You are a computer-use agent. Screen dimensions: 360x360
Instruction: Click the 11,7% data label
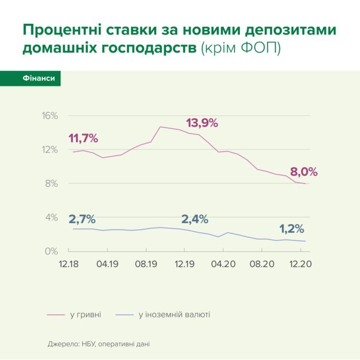[x=83, y=139]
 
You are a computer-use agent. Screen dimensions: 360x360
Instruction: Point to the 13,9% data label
[x=202, y=123]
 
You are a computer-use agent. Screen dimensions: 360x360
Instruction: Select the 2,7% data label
[x=82, y=219]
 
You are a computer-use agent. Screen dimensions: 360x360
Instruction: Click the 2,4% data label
[x=194, y=219]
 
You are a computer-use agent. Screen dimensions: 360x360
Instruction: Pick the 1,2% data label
[x=292, y=229]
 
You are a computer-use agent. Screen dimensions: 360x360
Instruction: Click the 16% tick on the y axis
[x=50, y=115]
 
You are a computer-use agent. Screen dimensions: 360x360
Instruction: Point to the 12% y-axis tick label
[x=50, y=149]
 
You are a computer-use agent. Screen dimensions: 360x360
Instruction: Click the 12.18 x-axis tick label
[x=69, y=264]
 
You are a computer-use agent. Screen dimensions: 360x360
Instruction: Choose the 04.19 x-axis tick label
[x=107, y=264]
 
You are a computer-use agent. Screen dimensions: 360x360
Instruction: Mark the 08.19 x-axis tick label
[x=146, y=264]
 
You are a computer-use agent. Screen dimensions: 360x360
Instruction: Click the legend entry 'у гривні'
[x=86, y=314]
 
